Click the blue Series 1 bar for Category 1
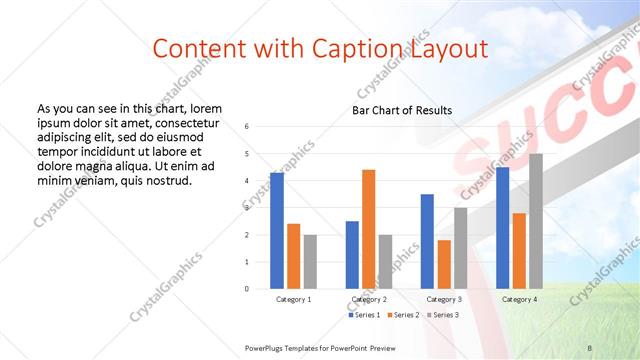point(277,231)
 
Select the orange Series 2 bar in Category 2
point(368,229)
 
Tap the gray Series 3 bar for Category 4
point(536,221)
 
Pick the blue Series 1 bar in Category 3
point(427,241)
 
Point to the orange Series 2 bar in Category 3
point(444,264)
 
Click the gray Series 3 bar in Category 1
point(310,261)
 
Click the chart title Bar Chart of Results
point(402,110)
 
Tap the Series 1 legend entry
point(365,315)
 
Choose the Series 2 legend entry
point(402,315)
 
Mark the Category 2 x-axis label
point(369,299)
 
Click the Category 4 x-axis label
point(519,299)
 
